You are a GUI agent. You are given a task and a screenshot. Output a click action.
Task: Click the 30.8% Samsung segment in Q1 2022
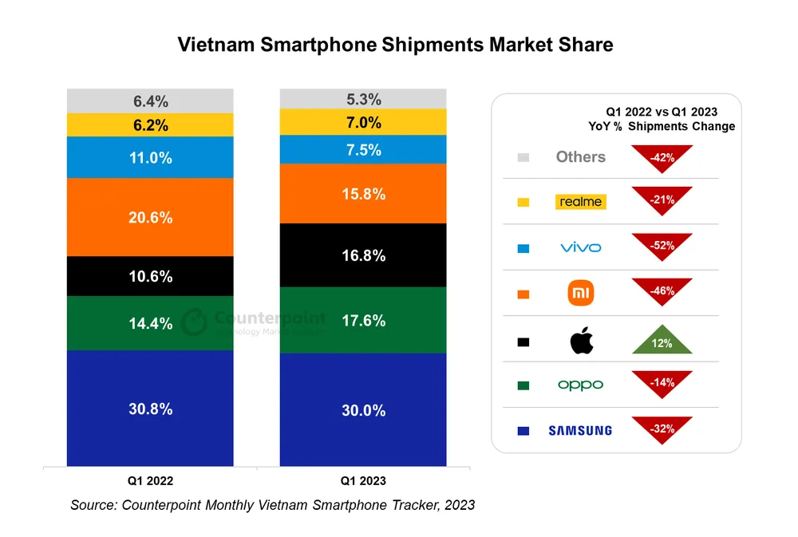click(x=150, y=409)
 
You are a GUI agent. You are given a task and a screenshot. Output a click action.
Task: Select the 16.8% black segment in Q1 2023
click(x=363, y=255)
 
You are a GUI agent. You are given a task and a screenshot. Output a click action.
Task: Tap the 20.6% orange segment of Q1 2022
click(x=150, y=217)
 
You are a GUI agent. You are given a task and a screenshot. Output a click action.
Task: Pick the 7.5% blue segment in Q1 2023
click(x=363, y=150)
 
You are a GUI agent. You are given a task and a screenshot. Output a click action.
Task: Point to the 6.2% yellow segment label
click(x=151, y=125)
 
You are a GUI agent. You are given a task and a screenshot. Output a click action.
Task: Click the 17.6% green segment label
click(x=363, y=321)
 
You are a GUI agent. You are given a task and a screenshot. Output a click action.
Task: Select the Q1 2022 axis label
click(x=150, y=481)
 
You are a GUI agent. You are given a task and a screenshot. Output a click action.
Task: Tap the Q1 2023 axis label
click(x=363, y=481)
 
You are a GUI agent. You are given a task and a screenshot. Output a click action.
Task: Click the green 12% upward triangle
click(x=662, y=342)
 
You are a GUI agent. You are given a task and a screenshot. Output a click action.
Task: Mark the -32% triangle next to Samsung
click(x=662, y=428)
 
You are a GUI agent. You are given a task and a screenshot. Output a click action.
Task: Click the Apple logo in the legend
click(x=582, y=342)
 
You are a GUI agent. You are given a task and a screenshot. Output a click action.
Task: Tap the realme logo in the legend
click(x=581, y=202)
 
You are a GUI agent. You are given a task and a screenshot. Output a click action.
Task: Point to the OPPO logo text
click(x=581, y=385)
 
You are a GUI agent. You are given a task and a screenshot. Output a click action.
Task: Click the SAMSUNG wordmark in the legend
click(x=580, y=431)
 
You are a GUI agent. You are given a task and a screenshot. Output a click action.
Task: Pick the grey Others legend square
click(x=523, y=157)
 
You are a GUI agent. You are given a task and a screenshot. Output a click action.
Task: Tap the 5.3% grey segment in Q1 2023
click(x=363, y=100)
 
